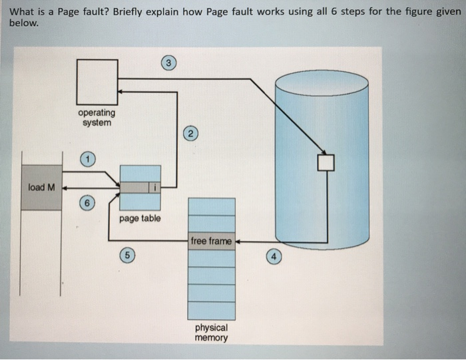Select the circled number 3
coord(170,63)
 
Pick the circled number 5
coord(127,254)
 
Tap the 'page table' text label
coord(140,218)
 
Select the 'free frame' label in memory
coord(210,241)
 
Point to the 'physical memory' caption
coord(211,332)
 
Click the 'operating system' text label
coord(97,118)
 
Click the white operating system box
coord(97,79)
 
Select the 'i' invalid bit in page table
coord(154,188)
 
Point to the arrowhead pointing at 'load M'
coord(65,188)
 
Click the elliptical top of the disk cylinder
coord(322,83)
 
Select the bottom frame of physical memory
coord(211,311)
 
